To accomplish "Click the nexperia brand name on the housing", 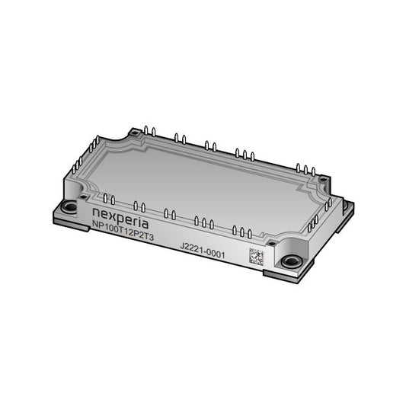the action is [120, 218].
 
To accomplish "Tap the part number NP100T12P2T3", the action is [123, 231].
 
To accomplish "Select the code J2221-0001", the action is [203, 251].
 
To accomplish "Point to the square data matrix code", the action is [257, 257].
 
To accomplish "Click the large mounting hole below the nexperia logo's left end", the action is [70, 207].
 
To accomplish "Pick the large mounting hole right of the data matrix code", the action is [291, 261].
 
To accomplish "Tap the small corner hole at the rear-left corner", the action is [134, 133].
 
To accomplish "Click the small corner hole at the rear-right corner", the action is [323, 179].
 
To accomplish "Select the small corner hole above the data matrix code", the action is [272, 244].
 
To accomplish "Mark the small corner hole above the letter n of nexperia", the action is [83, 197].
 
